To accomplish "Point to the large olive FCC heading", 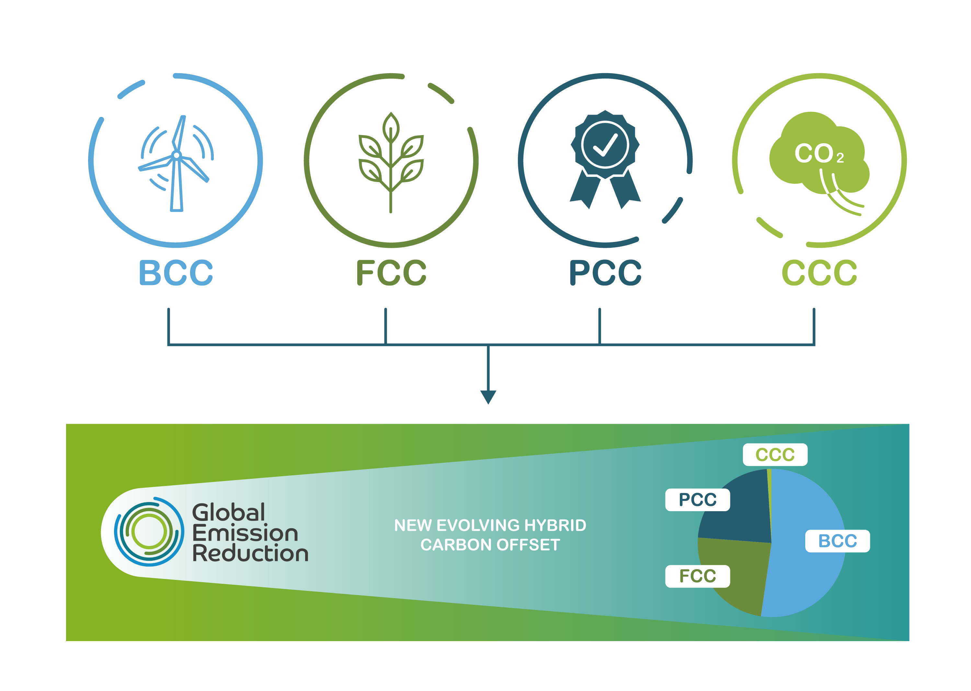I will [391, 272].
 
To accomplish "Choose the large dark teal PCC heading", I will [605, 272].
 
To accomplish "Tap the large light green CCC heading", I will [819, 272].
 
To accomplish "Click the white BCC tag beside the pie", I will [837, 541].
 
